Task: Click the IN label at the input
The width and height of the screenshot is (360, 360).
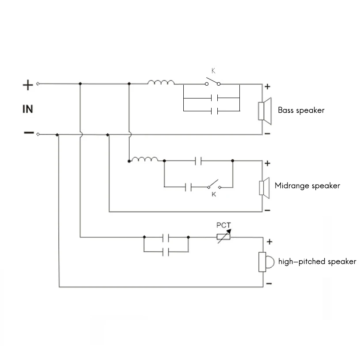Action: tap(28, 109)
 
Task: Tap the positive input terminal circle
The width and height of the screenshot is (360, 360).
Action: tap(38, 84)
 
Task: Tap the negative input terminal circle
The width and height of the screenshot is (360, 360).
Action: tap(38, 134)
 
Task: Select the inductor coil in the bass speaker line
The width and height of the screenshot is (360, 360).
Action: tap(161, 82)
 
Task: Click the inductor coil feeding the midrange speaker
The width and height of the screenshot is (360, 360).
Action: tap(144, 159)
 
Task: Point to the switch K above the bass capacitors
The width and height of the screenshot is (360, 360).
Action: tap(213, 82)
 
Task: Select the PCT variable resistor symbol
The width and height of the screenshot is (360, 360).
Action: tap(224, 236)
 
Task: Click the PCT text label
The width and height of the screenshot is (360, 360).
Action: tap(224, 225)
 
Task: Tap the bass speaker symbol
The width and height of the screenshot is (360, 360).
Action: tap(265, 111)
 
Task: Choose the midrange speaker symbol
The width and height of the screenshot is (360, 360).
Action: tap(264, 188)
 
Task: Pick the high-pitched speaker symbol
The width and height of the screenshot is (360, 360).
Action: tap(266, 262)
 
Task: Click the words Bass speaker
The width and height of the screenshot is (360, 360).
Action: tap(301, 110)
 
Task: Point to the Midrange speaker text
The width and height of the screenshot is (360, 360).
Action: tap(307, 186)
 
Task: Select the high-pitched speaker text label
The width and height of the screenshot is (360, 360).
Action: tap(317, 261)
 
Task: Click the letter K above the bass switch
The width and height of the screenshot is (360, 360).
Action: tap(213, 71)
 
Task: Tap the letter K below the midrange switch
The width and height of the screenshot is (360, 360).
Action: tap(214, 194)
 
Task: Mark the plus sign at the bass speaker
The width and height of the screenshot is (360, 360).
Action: tap(267, 87)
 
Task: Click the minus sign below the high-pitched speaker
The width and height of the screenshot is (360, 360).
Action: tap(269, 284)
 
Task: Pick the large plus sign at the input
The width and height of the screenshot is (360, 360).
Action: tap(28, 85)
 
